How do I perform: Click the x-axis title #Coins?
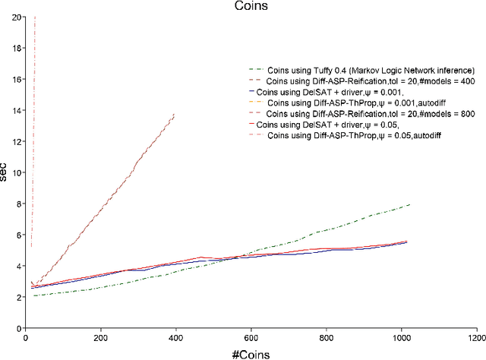[x=251, y=352]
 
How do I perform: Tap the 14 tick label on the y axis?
[x=17, y=110]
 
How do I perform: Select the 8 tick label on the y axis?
[x=19, y=204]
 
